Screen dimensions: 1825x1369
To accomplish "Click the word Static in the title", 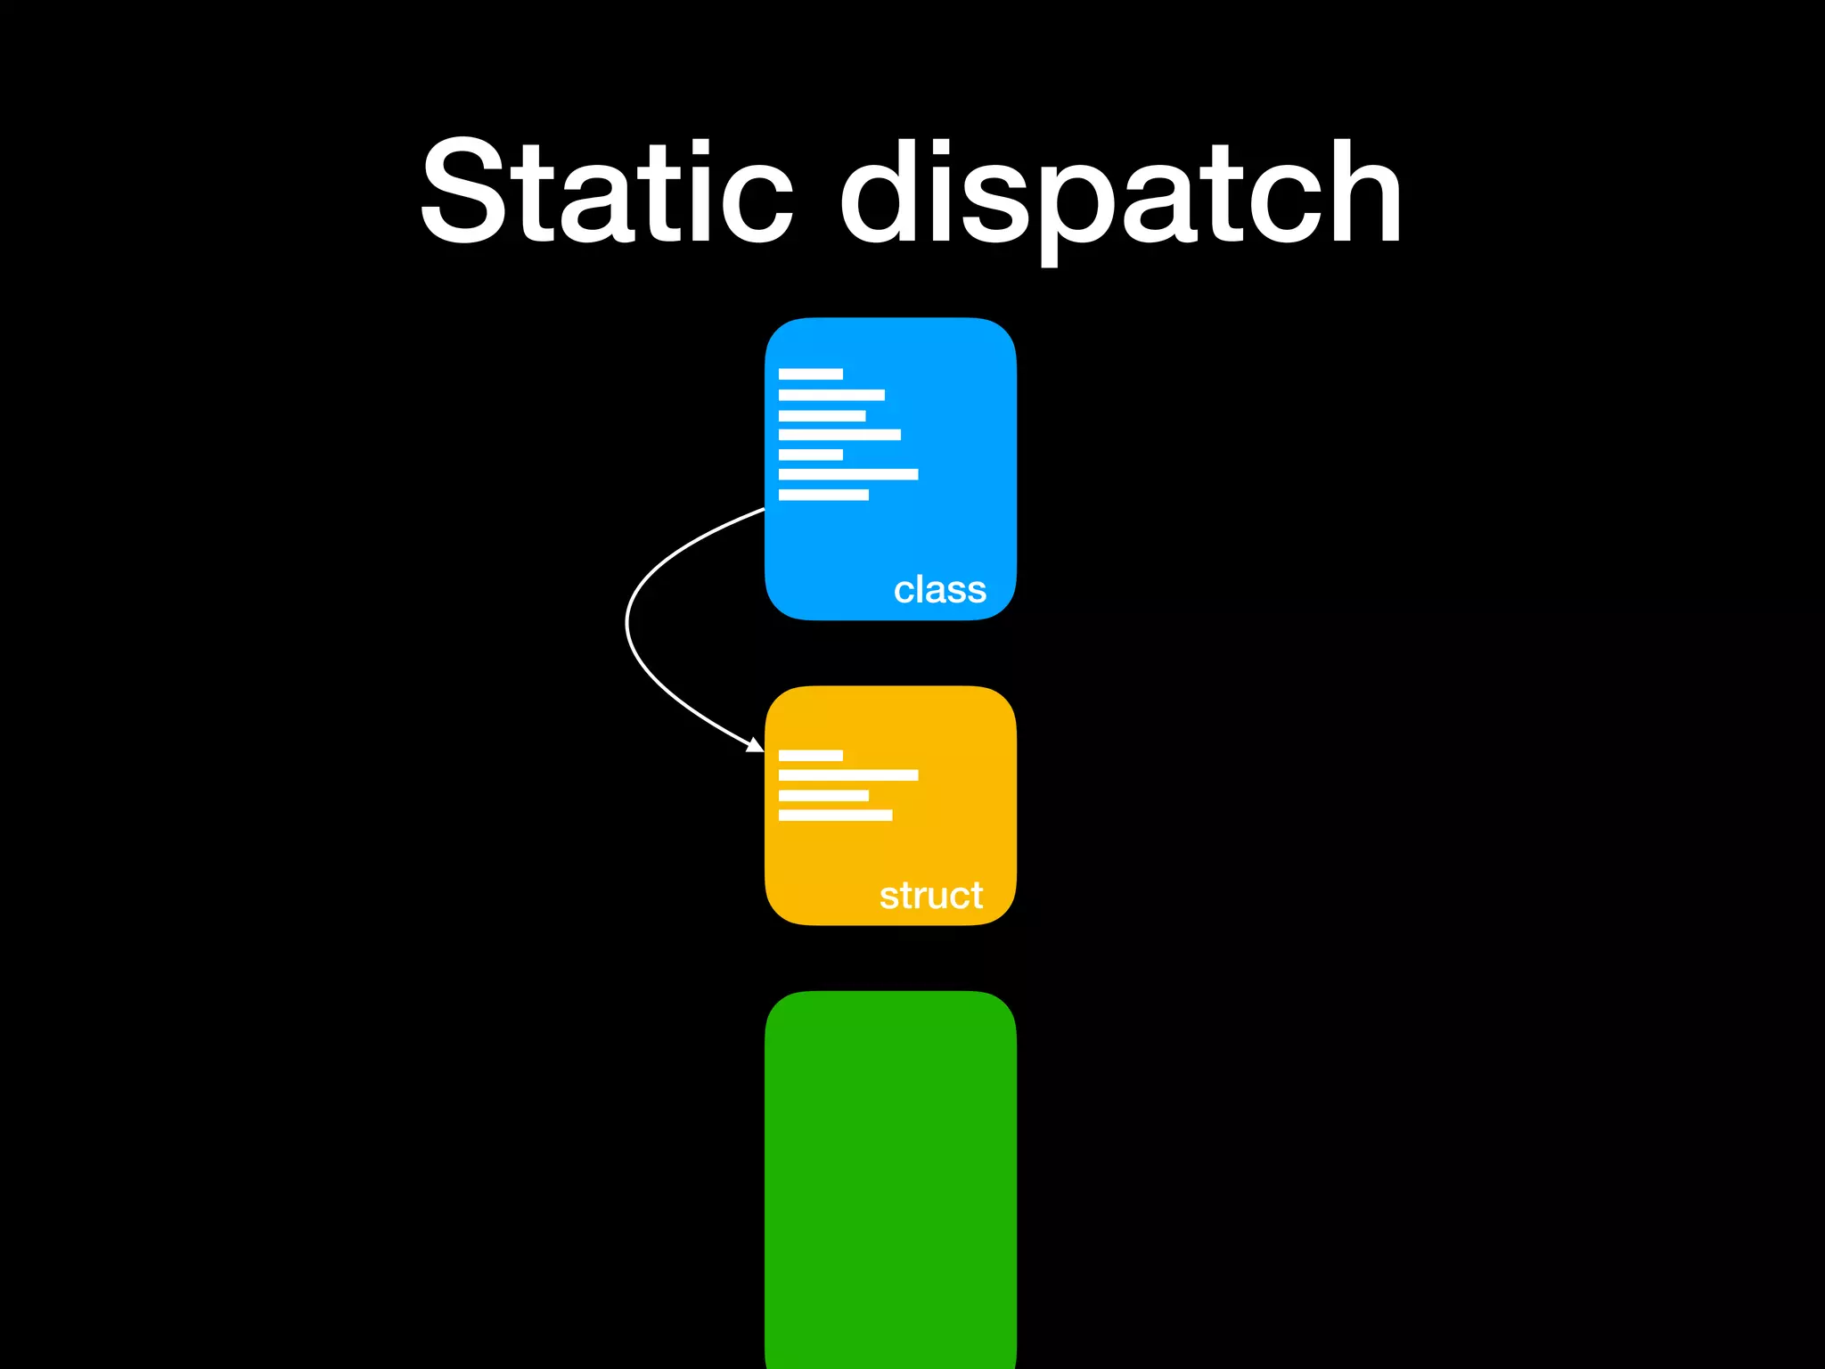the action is [x=606, y=192].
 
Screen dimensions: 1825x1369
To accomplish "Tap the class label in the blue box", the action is [x=940, y=590].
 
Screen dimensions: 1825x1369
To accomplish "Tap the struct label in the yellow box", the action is [x=931, y=896].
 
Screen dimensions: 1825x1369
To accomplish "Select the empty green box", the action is [x=890, y=1176].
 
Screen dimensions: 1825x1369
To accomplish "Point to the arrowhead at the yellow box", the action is [x=757, y=745].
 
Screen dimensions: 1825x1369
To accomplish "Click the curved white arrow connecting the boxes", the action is [x=628, y=624].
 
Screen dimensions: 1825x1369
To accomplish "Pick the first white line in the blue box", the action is [x=810, y=374].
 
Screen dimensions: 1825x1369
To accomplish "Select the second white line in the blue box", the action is [x=831, y=395].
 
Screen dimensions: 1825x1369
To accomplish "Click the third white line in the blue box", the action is [x=822, y=416].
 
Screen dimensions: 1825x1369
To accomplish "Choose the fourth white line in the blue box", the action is [x=839, y=435].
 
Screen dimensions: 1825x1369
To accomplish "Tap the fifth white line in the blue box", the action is [x=810, y=455].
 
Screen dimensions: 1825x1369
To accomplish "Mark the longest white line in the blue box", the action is [x=847, y=474].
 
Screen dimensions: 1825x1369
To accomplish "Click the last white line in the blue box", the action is [x=823, y=495].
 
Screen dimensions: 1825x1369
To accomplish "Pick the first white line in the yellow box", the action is [x=810, y=756].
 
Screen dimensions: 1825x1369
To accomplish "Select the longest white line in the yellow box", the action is [x=847, y=775].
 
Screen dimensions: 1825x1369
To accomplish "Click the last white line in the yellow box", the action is [x=835, y=816].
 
